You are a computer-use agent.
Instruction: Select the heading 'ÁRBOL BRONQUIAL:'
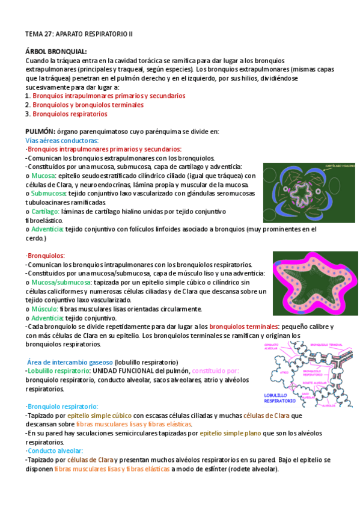[x=56, y=52]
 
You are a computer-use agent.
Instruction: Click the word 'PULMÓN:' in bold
[x=40, y=131]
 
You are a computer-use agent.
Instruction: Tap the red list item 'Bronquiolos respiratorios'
[x=70, y=114]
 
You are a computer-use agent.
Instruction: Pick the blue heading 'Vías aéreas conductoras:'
[x=62, y=140]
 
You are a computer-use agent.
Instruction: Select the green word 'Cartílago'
[x=46, y=211]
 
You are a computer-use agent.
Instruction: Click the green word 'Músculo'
[x=44, y=308]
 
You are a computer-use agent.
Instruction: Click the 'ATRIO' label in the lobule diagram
[x=284, y=373]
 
